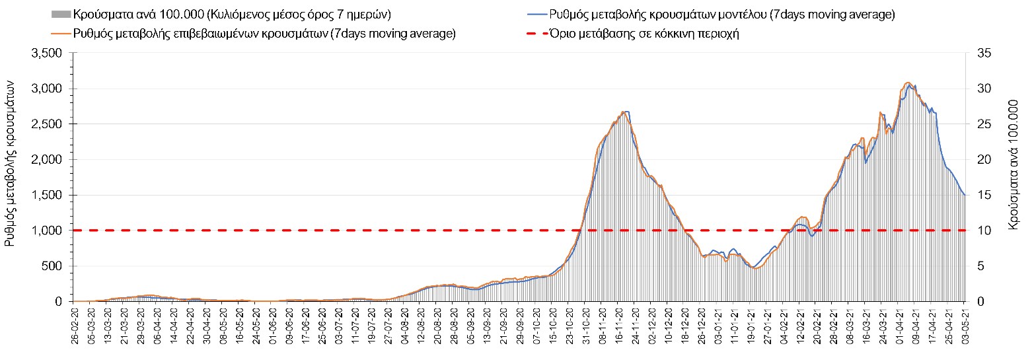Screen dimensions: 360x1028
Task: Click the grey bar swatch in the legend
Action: pyautogui.click(x=61, y=15)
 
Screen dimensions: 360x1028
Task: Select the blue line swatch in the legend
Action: pyautogui.click(x=536, y=15)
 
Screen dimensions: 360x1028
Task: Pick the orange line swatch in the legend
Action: pyautogui.click(x=61, y=34)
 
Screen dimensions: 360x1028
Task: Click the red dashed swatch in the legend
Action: pyautogui.click(x=536, y=34)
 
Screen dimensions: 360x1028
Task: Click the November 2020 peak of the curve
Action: pyautogui.click(x=624, y=112)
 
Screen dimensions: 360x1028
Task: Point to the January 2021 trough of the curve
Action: pyautogui.click(x=756, y=268)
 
